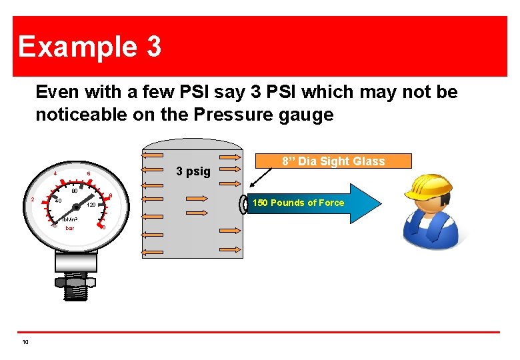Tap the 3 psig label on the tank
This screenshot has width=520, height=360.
[193, 172]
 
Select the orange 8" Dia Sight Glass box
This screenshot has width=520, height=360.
[333, 161]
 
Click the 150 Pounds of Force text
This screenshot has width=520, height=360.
[298, 203]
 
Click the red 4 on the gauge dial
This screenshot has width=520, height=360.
[55, 174]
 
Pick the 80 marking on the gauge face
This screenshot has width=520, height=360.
[75, 191]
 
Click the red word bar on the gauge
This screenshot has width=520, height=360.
[70, 228]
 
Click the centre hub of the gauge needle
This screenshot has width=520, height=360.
[76, 207]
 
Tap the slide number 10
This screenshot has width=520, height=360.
[25, 342]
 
